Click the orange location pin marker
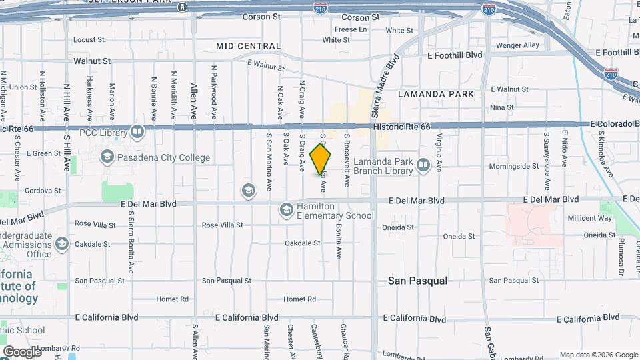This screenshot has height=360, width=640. (x=321, y=160)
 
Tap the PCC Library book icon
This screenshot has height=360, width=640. (x=137, y=132)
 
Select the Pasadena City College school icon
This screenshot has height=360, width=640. (x=107, y=157)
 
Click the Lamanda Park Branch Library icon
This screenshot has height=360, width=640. (x=423, y=164)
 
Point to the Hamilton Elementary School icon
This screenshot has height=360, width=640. (x=286, y=211)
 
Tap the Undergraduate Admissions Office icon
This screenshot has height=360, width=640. (x=62, y=244)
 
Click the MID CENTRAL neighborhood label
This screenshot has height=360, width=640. (x=249, y=46)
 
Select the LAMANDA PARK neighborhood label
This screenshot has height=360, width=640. (x=436, y=94)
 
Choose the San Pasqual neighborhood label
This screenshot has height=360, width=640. (x=417, y=281)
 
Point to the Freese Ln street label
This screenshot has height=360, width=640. (x=351, y=30)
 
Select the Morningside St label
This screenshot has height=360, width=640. (x=513, y=166)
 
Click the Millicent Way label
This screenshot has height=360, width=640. (x=589, y=218)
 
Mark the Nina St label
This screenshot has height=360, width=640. (x=502, y=107)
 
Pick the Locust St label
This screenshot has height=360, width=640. (x=89, y=40)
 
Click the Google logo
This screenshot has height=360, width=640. (x=22, y=351)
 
